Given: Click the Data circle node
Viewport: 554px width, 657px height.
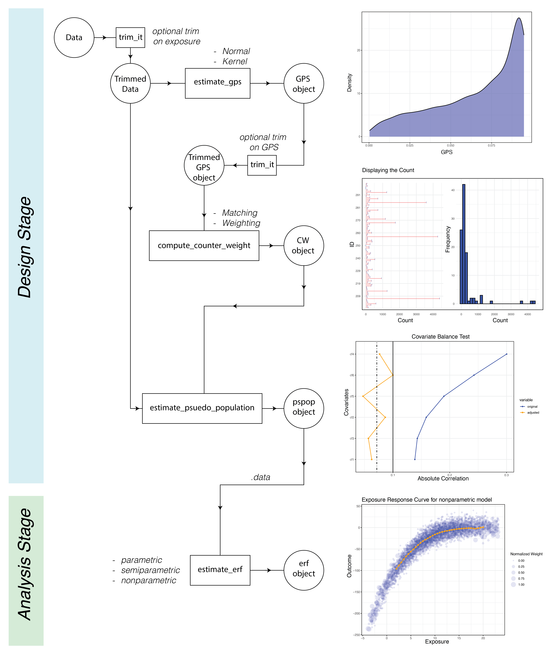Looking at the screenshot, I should (74, 38).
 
